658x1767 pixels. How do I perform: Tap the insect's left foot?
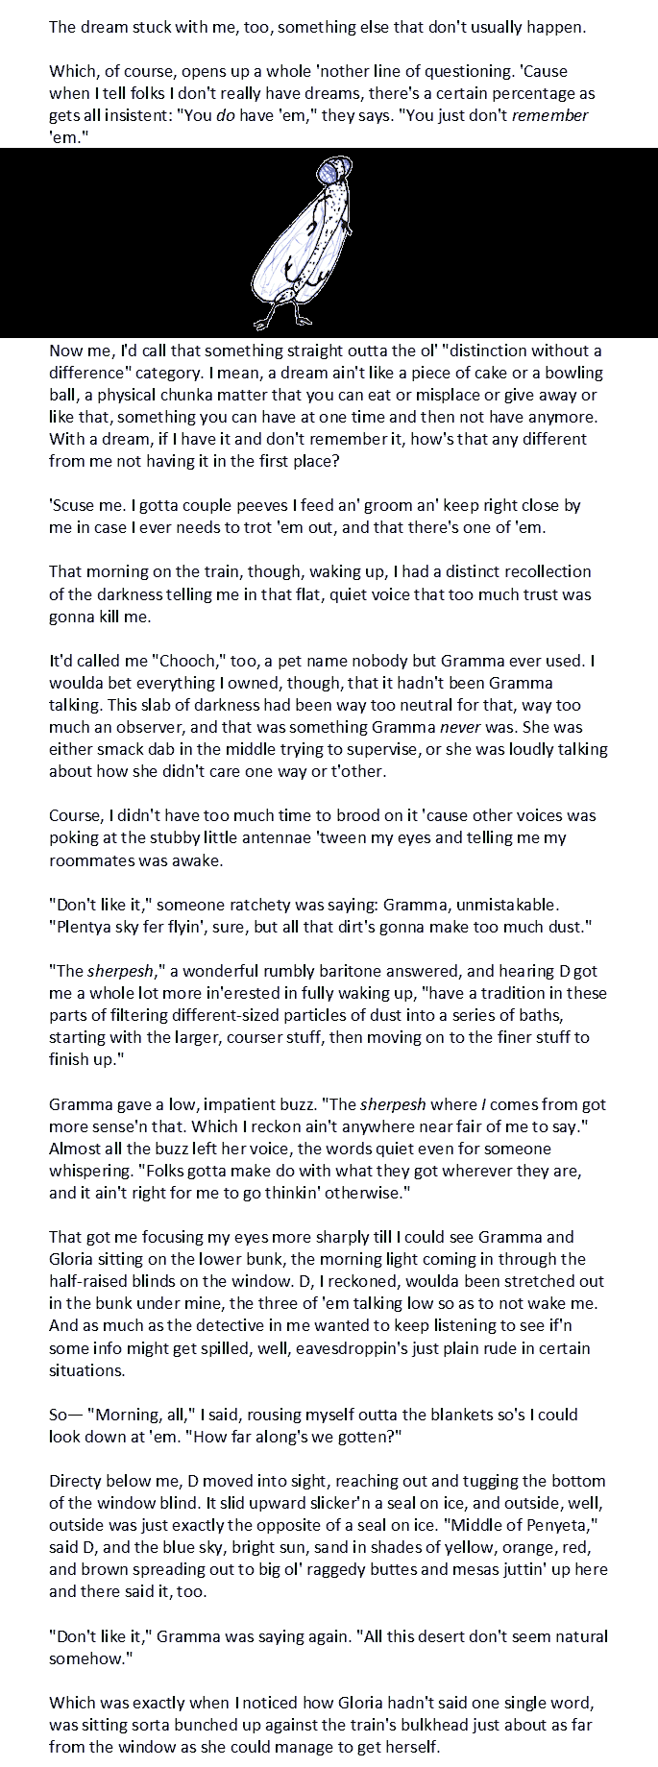point(259,320)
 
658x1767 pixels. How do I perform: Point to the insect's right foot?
point(305,318)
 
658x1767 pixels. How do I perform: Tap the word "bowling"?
point(570,373)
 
